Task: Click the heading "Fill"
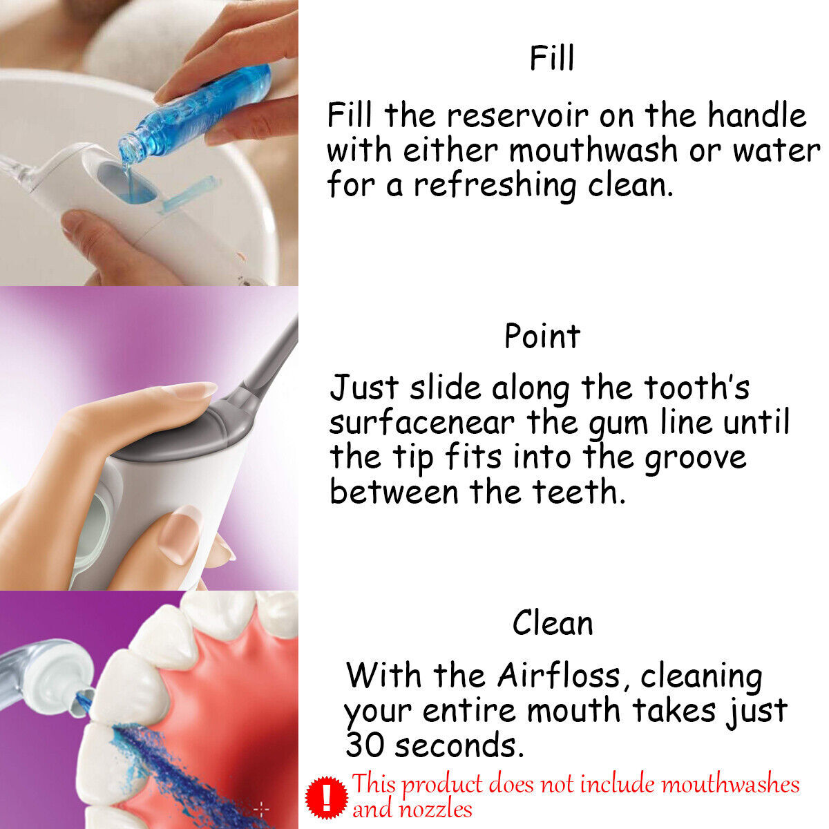(551, 58)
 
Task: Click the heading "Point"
(542, 336)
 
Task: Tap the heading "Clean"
(553, 623)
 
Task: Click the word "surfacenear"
(422, 423)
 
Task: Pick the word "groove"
(696, 458)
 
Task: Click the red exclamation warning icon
(327, 796)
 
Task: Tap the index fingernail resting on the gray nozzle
(189, 391)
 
